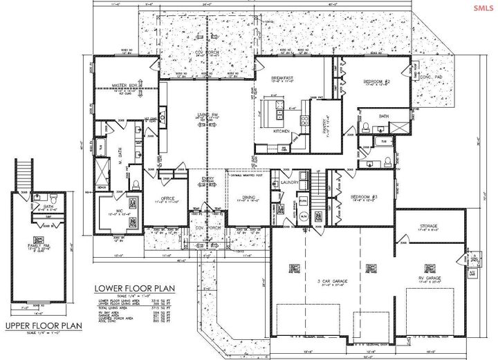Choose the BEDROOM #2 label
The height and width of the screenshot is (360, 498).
(378, 82)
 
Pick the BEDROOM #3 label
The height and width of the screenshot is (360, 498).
(364, 196)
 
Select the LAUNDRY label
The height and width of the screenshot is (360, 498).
(289, 183)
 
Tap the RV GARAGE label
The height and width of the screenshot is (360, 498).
(432, 279)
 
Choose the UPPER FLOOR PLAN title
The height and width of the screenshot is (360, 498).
(44, 325)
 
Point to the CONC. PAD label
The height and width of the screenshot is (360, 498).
(432, 77)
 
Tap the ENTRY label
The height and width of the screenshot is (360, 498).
(207, 180)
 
